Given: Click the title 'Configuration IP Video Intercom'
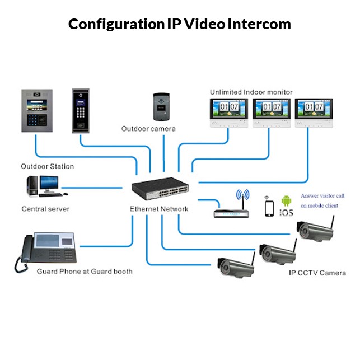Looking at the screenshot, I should tap(180, 25).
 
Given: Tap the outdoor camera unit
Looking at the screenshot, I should tap(162, 106).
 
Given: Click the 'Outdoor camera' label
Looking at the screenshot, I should tap(148, 129).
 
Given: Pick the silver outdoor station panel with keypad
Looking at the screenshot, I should tap(40, 110).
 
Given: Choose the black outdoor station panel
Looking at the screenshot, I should tap(82, 110).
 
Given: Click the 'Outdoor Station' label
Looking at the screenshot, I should tap(47, 166).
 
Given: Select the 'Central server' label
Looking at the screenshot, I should tap(45, 209).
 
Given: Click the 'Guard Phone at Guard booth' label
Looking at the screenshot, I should tap(84, 272).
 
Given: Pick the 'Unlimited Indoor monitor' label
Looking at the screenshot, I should tap(251, 92).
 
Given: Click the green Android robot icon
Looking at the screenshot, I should tap(287, 200).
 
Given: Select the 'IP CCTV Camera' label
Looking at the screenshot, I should tap(317, 273).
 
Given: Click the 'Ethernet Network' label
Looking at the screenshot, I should tap(159, 209).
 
